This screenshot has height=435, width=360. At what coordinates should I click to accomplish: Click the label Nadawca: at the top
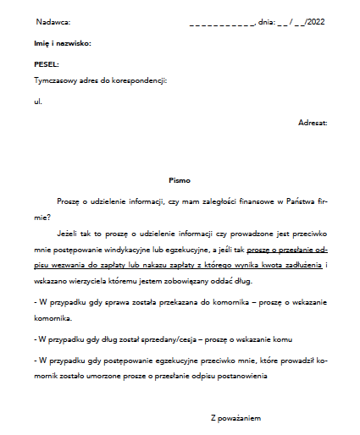[53, 21]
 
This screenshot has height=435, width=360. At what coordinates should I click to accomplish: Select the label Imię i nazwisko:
[62, 42]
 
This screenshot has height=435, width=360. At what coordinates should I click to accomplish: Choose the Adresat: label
[313, 124]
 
